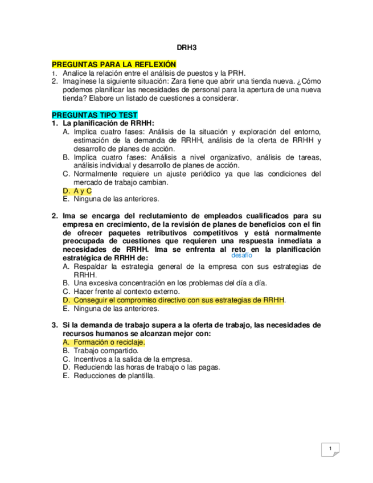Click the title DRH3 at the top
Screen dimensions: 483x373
[186, 50]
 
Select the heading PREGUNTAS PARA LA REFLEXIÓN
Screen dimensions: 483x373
[114, 65]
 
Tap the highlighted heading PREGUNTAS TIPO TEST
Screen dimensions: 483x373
[95, 114]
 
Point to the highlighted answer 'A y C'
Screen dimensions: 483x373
[82, 191]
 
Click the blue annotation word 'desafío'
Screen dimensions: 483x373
[242, 256]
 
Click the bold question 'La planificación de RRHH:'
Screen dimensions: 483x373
[109, 123]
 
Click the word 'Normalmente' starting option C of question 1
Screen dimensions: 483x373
[95, 174]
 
